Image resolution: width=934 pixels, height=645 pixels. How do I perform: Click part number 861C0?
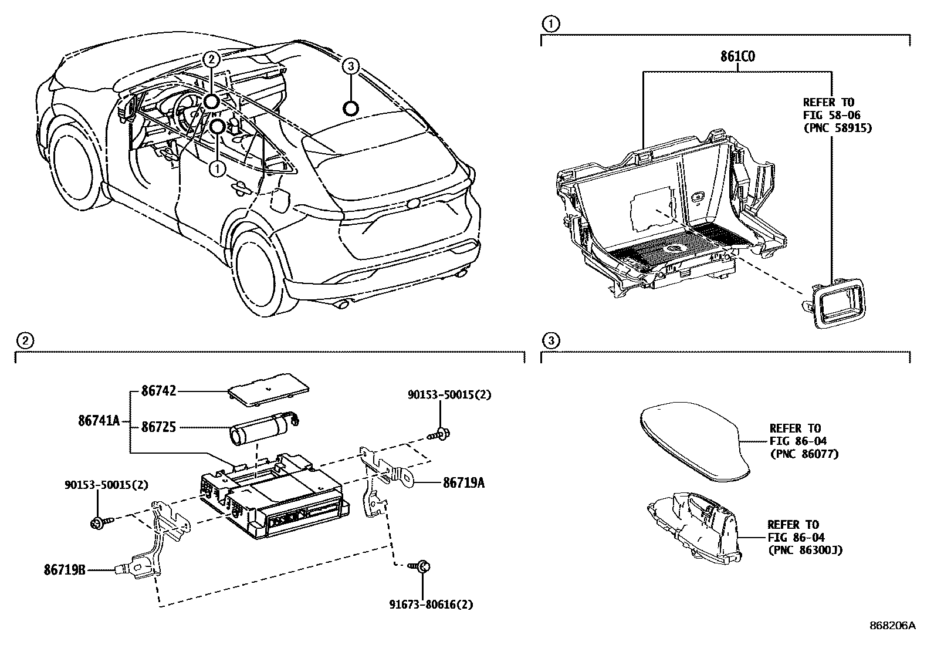(x=737, y=57)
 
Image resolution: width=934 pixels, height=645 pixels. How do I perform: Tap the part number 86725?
(x=159, y=427)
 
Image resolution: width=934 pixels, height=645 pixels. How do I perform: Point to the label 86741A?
(x=99, y=420)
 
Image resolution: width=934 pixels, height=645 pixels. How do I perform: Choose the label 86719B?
(x=65, y=569)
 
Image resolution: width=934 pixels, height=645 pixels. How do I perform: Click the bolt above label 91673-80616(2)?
(x=423, y=566)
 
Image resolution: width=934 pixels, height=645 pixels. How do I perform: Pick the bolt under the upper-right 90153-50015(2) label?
(x=441, y=434)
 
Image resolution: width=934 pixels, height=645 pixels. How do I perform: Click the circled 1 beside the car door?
(x=217, y=169)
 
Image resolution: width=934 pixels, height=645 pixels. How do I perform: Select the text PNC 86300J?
(x=805, y=550)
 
